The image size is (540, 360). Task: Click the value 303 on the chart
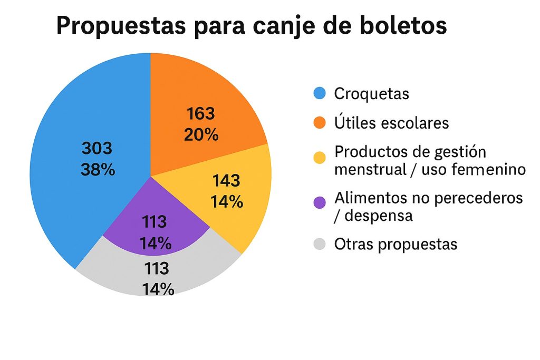point(97,149)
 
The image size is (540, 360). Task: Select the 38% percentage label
point(98,170)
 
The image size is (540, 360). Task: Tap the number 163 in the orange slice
point(201,113)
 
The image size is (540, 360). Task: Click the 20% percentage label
point(201,135)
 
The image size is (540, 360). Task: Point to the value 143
point(226,181)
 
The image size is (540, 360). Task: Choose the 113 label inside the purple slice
point(155,222)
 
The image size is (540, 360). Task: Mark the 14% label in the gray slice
point(157,289)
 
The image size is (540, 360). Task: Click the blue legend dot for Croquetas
point(320,94)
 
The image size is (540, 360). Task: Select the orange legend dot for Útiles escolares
point(320,123)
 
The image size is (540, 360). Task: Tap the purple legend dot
point(320,202)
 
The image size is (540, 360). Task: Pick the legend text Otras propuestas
point(396,245)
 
